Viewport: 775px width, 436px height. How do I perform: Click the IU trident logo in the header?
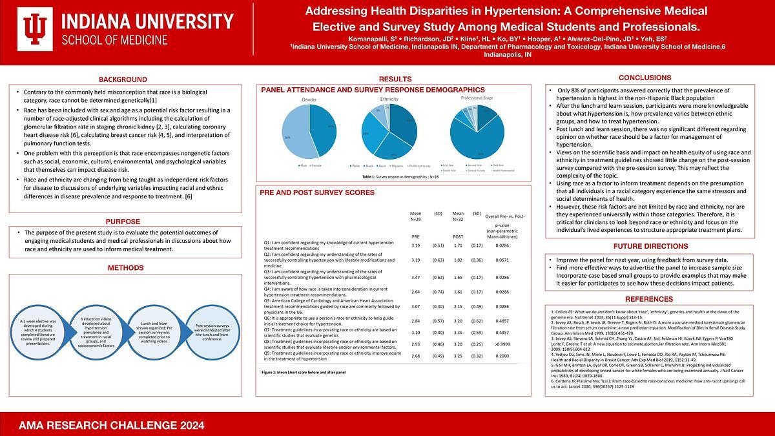34,28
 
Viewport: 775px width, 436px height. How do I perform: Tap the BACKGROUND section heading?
123,79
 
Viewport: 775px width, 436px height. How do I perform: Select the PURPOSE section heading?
123,221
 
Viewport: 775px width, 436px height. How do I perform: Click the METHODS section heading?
123,267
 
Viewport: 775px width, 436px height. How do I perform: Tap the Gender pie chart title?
309,99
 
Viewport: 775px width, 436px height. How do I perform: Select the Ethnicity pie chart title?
389,99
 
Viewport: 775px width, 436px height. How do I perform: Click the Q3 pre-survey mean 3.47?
416,276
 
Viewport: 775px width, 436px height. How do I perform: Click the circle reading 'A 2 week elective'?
41,332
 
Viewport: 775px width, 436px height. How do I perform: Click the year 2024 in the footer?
190,426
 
